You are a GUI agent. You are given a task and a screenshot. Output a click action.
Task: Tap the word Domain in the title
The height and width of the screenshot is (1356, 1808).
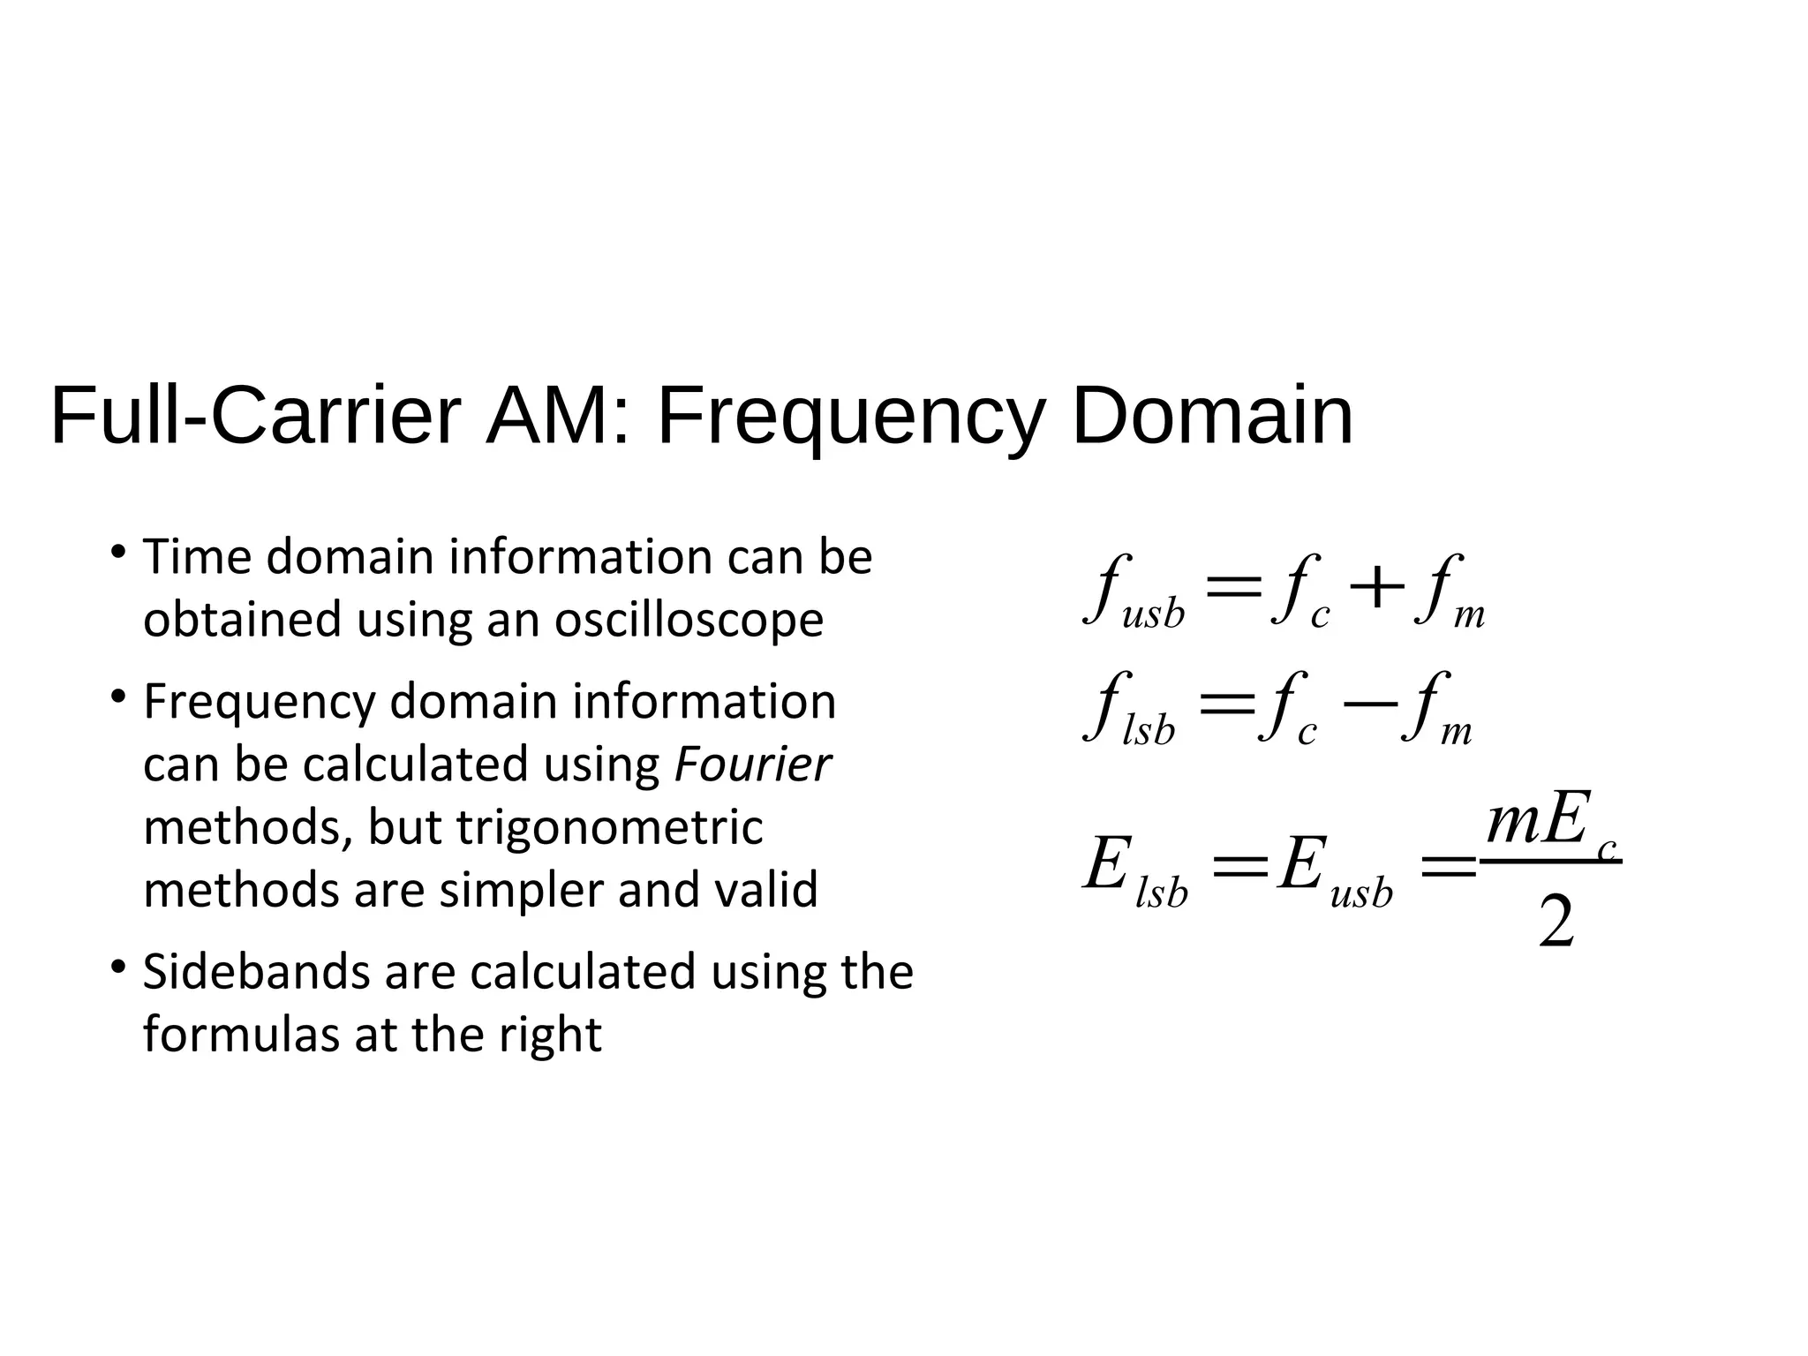[x=1211, y=416]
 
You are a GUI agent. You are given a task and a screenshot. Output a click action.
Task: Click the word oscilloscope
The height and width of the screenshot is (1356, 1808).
[x=689, y=620]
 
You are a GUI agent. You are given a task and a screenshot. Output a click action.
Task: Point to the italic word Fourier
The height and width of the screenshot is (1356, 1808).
[x=752, y=765]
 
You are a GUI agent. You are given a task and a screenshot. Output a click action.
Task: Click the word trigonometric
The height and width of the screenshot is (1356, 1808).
[x=609, y=828]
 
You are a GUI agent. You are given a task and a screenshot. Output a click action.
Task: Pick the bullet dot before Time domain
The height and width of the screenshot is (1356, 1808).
[x=117, y=554]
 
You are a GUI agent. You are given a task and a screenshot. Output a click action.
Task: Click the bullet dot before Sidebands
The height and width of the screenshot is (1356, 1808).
[x=117, y=968]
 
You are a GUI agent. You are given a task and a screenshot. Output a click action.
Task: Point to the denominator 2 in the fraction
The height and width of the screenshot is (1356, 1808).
[x=1556, y=922]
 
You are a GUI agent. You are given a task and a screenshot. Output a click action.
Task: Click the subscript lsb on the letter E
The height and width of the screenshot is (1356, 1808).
[x=1162, y=893]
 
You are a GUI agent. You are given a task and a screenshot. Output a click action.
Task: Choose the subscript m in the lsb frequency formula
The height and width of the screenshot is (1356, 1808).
[x=1456, y=733]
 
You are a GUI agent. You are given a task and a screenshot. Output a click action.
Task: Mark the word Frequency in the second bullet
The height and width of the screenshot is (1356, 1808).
[x=260, y=703]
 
